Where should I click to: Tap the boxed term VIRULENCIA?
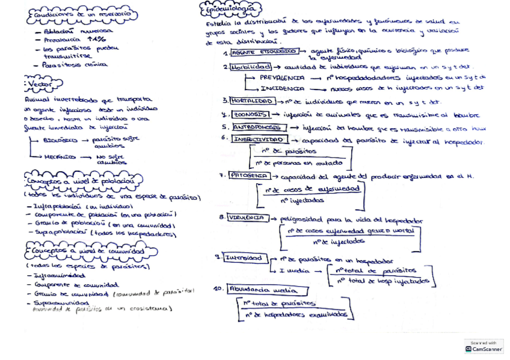click(x=248, y=218)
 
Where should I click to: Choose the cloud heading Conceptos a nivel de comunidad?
click(x=87, y=250)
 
